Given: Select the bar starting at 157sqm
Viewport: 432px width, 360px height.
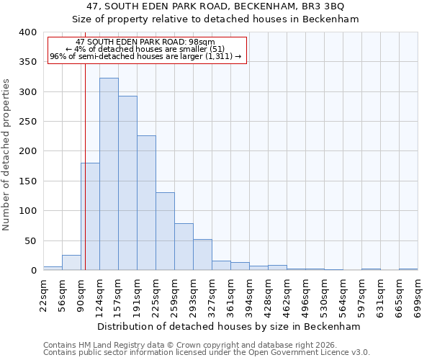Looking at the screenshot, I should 127,184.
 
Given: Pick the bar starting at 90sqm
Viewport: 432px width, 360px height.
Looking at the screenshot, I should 90,216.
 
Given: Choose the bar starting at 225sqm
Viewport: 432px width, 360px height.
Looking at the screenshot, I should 165,231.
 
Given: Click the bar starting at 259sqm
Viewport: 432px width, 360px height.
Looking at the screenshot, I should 184,247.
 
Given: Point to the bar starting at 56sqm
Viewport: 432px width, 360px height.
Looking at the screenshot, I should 71,263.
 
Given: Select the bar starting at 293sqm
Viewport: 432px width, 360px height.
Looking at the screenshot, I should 202,255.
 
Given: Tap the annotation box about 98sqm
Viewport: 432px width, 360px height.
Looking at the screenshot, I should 147,50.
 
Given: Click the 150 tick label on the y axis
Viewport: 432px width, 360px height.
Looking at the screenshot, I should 27,181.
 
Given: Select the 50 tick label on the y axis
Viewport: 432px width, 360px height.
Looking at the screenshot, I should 30,241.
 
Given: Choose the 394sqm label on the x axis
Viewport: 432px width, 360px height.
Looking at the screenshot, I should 249,295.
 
